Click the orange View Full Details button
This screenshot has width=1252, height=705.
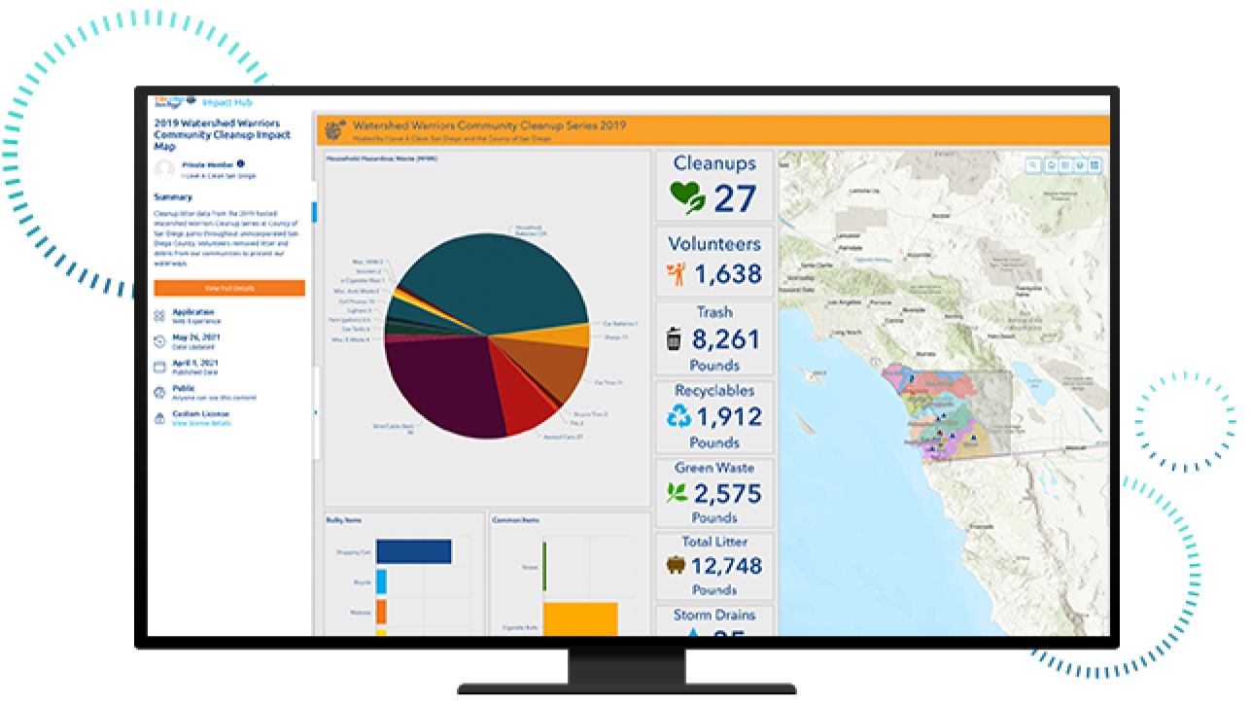(x=228, y=288)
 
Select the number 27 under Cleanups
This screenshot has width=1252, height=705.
(x=735, y=198)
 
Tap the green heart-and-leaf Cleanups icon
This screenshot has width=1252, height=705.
(x=688, y=197)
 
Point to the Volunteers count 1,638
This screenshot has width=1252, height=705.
(x=728, y=275)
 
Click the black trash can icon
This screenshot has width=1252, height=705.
(x=674, y=339)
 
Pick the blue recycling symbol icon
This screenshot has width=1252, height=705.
(x=678, y=417)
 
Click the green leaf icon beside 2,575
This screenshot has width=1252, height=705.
(x=677, y=493)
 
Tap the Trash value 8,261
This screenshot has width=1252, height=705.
(x=726, y=339)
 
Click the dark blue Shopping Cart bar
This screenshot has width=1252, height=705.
(x=414, y=551)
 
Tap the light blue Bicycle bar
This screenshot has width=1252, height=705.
(x=381, y=582)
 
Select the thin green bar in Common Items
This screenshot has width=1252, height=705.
(x=544, y=565)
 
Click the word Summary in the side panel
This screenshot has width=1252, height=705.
(x=173, y=197)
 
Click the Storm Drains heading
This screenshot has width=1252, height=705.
(x=714, y=615)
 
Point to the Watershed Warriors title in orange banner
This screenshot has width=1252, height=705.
(x=489, y=125)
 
